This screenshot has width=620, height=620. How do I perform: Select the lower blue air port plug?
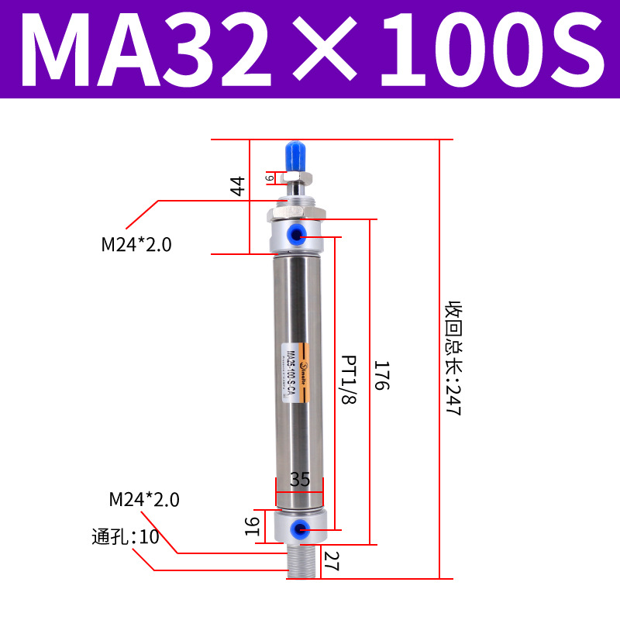[x=298, y=529]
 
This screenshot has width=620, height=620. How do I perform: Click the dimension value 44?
[x=237, y=186]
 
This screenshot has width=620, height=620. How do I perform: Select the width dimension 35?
[x=299, y=480]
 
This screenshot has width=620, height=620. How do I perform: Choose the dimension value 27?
[x=332, y=560]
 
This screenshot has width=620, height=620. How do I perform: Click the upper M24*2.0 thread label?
[x=136, y=246]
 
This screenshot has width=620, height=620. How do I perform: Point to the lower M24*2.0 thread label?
[x=143, y=500]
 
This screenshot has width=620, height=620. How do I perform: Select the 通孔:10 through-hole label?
[x=125, y=536]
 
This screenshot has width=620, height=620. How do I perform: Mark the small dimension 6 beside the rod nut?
[x=270, y=177]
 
